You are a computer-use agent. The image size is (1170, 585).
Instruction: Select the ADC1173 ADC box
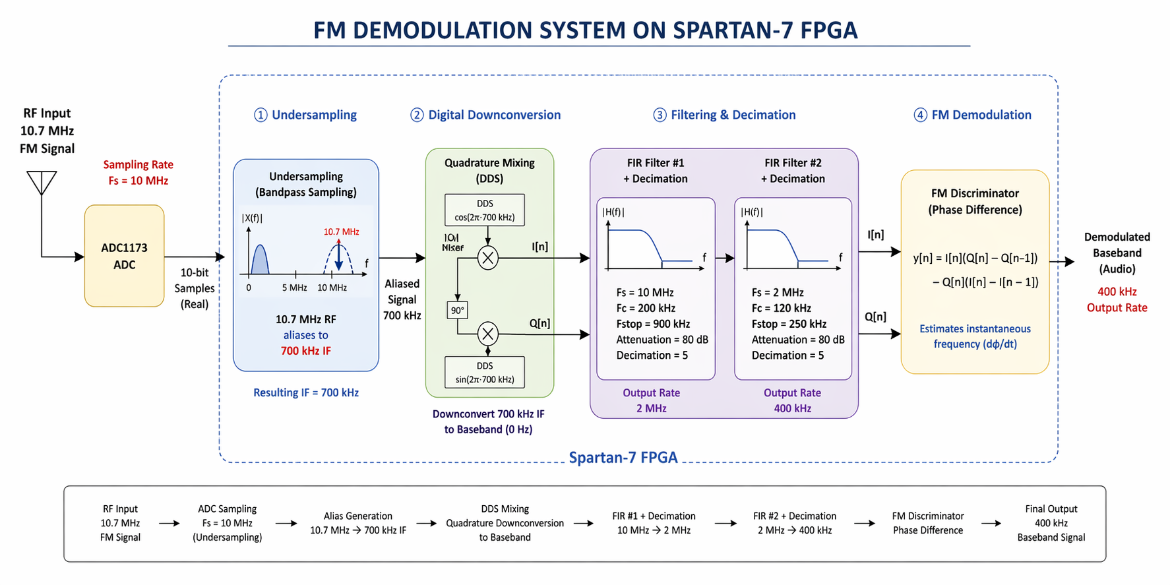[124, 256]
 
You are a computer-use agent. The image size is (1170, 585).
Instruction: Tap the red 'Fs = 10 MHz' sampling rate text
[139, 181]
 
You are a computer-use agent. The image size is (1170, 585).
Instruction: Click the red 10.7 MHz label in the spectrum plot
[341, 231]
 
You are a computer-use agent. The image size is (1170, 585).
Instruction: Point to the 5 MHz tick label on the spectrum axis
[294, 288]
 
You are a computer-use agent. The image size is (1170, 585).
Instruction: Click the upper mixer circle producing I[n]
[487, 258]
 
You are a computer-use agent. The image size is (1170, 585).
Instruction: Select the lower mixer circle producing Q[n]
[487, 334]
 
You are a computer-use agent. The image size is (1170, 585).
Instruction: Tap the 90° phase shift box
[457, 310]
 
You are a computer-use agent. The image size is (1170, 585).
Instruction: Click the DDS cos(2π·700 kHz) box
[485, 210]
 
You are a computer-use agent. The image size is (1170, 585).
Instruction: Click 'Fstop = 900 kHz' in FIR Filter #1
[653, 324]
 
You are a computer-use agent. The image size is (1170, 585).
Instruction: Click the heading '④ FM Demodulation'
[973, 115]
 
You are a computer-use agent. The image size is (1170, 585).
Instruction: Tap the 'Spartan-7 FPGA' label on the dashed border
[623, 458]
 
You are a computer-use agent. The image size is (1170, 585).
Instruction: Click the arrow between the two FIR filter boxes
[725, 258]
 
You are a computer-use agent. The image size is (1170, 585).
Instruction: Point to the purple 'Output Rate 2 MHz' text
[651, 400]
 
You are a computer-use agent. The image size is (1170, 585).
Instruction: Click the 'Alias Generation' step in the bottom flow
[357, 516]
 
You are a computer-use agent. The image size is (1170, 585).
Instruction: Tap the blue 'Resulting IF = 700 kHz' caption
[306, 392]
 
